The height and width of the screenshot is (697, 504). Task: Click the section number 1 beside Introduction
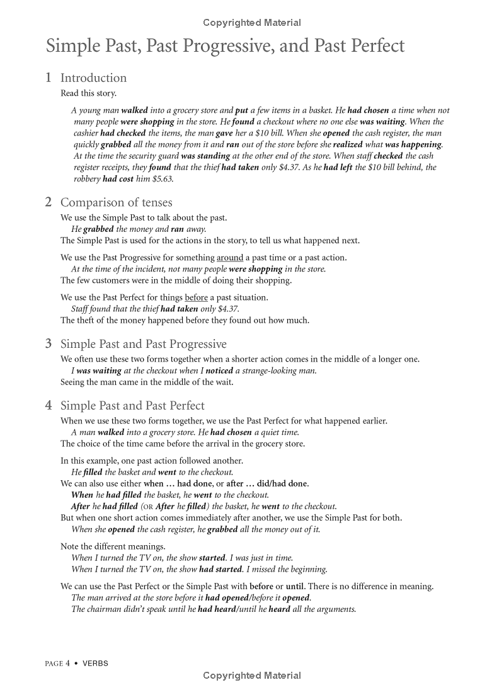(49, 78)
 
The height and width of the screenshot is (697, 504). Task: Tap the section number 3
(49, 344)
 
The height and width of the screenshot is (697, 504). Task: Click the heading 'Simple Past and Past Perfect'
(132, 406)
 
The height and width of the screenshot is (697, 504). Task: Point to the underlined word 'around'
(230, 258)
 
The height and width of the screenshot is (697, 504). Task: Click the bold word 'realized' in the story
(348, 144)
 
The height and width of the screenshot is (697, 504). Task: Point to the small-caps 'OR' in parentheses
(147, 507)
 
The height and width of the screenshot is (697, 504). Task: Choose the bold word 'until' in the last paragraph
(295, 587)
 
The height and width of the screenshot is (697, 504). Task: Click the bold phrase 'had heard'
(215, 609)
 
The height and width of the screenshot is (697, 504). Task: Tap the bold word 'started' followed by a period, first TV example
(214, 558)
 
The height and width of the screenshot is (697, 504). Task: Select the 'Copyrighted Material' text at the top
(252, 23)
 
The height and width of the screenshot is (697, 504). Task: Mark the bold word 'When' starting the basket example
(82, 495)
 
